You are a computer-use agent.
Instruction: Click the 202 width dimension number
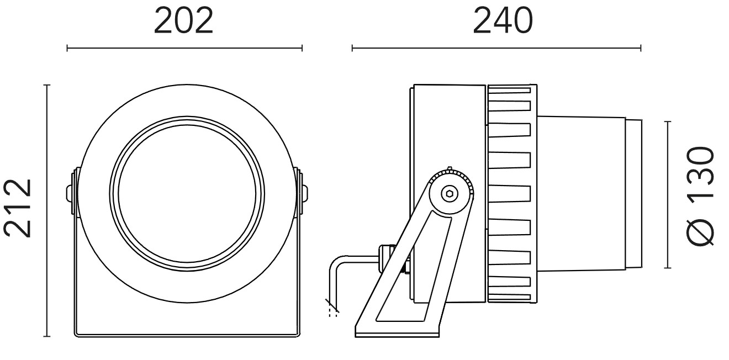coord(183,21)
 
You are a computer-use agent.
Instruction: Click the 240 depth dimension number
coord(503,21)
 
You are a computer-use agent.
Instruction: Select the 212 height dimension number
coord(18,208)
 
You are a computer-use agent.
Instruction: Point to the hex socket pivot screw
coord(450,194)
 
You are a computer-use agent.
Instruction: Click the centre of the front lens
coord(187,194)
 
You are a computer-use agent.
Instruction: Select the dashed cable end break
coord(332,308)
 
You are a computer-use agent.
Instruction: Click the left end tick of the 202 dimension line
coord(67,48)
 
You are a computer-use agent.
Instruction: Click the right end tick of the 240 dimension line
coord(641,48)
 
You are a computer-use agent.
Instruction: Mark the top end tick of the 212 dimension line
coord(47,85)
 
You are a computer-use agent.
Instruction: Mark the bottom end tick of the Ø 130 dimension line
coord(668,268)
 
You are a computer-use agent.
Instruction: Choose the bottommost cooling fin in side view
coord(509,297)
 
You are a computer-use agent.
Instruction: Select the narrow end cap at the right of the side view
coord(633,194)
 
